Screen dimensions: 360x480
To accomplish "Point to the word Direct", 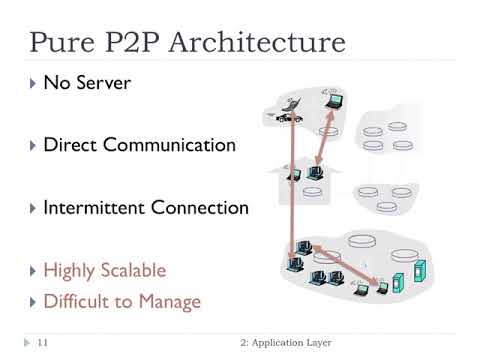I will tap(71, 145).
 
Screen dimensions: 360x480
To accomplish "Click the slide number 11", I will tap(43, 342).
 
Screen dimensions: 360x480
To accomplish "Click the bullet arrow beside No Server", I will tap(31, 83).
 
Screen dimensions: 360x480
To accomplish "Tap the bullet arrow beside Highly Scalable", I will tap(31, 271).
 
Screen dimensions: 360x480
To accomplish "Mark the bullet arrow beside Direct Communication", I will tap(31, 145).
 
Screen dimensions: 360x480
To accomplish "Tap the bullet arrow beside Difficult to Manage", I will tap(31, 301).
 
